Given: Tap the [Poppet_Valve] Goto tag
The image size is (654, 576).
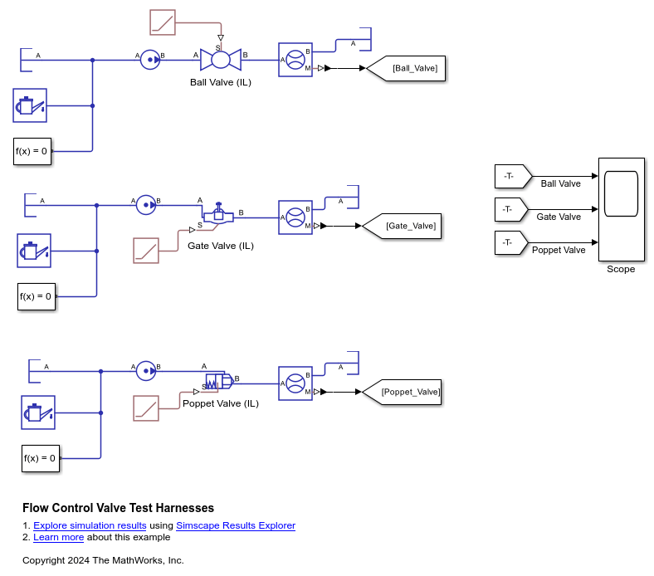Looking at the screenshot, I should pyautogui.click(x=402, y=392).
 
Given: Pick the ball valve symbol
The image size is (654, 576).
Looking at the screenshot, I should pyautogui.click(x=221, y=59).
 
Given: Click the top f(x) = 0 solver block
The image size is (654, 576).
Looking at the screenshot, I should pyautogui.click(x=32, y=151).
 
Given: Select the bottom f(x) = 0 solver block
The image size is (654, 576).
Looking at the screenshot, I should pyautogui.click(x=41, y=458).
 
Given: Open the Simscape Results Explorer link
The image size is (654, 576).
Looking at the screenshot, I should pyautogui.click(x=236, y=525).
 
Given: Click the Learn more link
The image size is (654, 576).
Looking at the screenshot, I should pyautogui.click(x=59, y=537).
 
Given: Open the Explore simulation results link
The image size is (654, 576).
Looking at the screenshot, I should pyautogui.click(x=90, y=525).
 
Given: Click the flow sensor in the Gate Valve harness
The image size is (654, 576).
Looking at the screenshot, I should pyautogui.click(x=295, y=217).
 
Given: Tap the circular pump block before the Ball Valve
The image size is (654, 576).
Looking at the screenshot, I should pyautogui.click(x=150, y=59).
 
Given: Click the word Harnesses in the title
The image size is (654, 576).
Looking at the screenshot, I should pyautogui.click(x=187, y=508).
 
